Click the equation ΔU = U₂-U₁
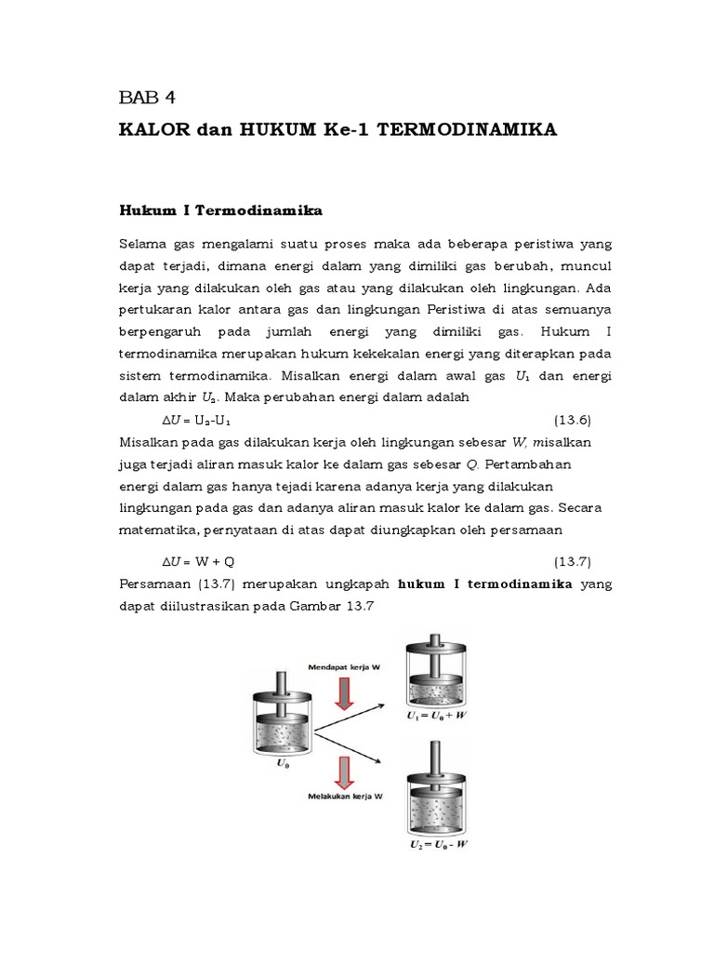click(199, 420)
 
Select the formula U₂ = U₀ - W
click(437, 845)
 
